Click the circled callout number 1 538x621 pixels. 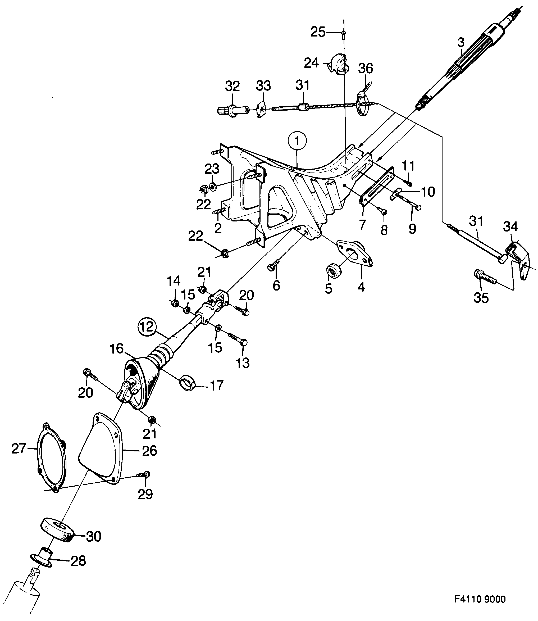pyautogui.click(x=297, y=141)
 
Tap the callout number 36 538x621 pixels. pyautogui.click(x=365, y=69)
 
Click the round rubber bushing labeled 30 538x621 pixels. pyautogui.click(x=57, y=530)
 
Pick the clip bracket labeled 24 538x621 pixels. pyautogui.click(x=339, y=63)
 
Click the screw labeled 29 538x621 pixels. pyautogui.click(x=144, y=475)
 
